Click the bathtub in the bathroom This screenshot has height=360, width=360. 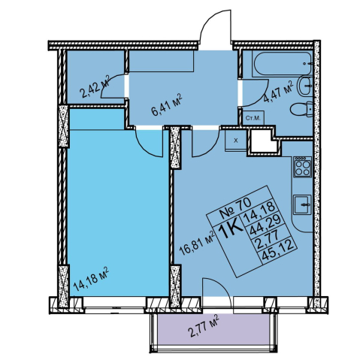pos(283,64)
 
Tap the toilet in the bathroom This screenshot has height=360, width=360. pos(301,110)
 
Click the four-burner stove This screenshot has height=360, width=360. pos(303,167)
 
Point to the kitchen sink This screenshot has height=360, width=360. pos(303,204)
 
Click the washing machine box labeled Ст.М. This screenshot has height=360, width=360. pos(253,118)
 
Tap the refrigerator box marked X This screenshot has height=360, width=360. pos(236,141)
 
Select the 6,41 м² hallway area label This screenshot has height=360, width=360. pos(166,104)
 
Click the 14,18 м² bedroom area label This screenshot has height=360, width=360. pos(91,280)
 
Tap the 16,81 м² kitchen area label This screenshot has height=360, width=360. pos(197,243)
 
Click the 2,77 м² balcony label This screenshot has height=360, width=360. pos(203,326)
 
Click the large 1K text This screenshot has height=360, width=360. pos(232,229)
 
